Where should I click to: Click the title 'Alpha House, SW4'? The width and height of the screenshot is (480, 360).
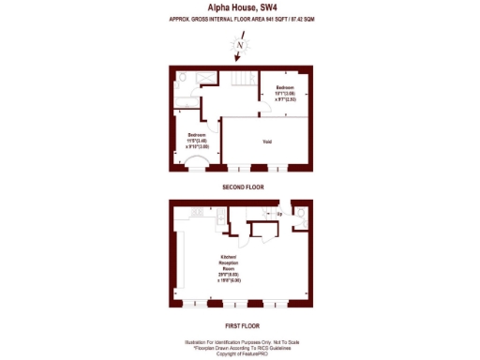pos(241,7)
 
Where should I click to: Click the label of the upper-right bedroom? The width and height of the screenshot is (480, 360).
pos(285,91)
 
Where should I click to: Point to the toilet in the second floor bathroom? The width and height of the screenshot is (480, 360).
pos(185,78)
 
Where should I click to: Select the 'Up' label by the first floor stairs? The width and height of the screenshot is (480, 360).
pos(278,215)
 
